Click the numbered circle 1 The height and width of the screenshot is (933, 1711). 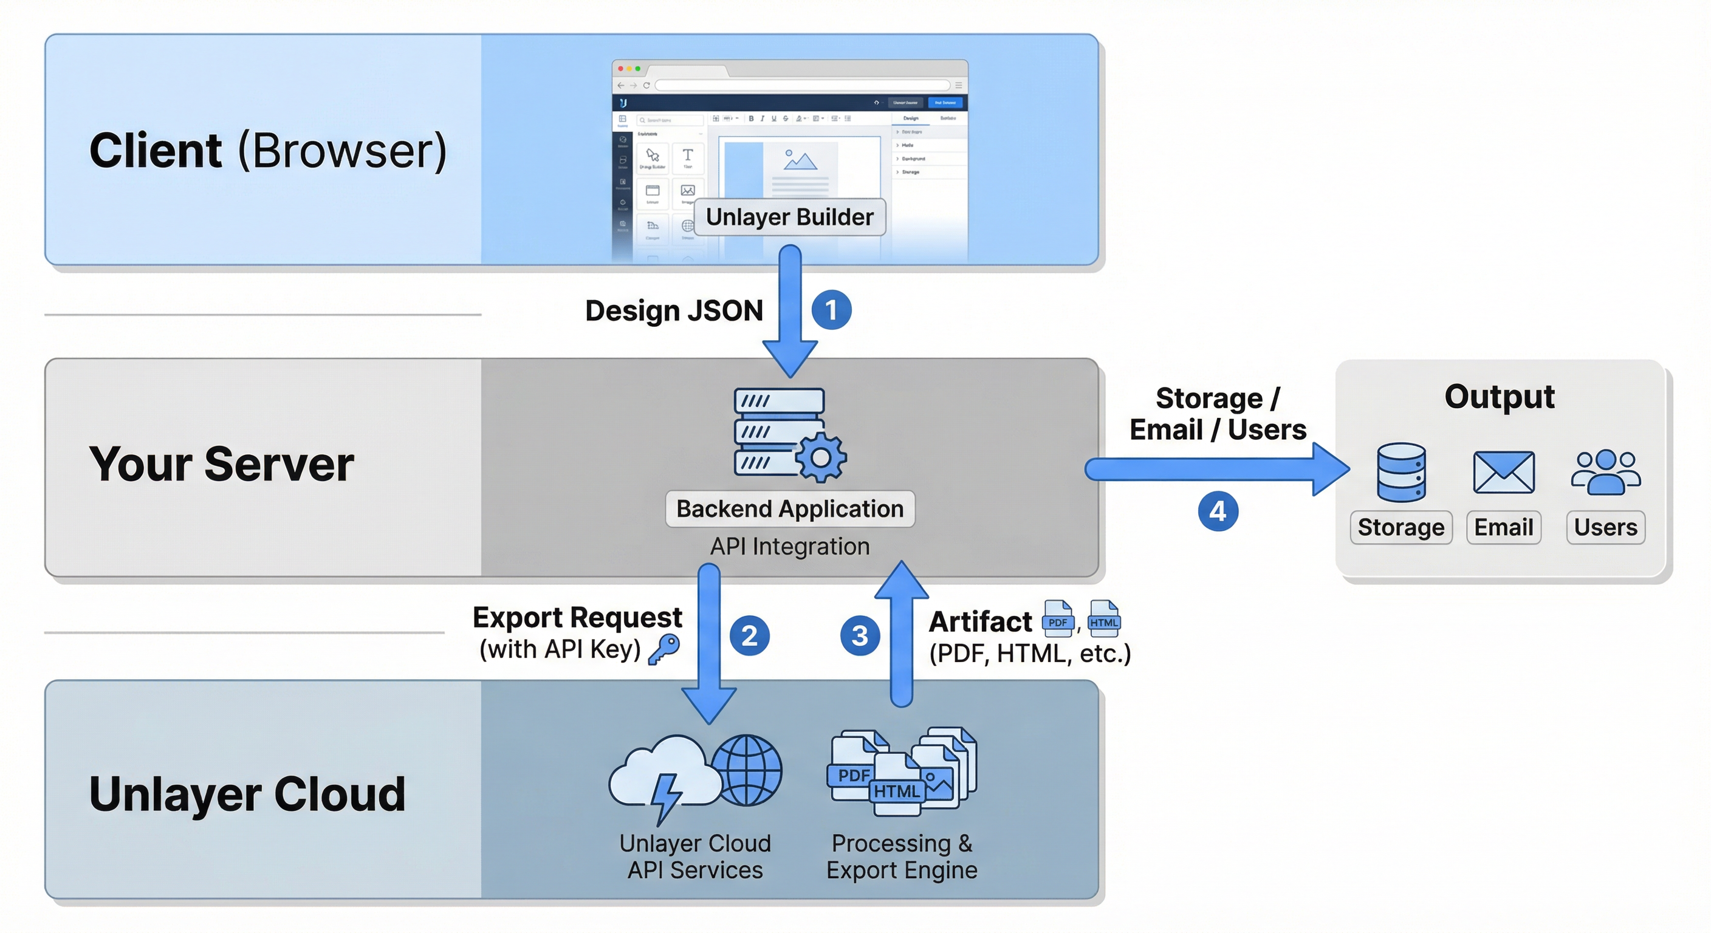pos(831,310)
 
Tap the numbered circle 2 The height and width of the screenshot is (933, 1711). pos(749,635)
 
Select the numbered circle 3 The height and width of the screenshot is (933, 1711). pos(860,635)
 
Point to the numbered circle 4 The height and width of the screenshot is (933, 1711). pos(1218,511)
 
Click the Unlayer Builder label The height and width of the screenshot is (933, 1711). pos(789,217)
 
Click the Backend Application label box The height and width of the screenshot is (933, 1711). pos(790,508)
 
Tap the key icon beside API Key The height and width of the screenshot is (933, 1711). pos(663,649)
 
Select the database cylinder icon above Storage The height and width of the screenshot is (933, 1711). pos(1401,472)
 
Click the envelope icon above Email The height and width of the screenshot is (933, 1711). pos(1503,472)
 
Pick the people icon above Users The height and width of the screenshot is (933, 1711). pos(1605,472)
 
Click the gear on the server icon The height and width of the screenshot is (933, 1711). pos(821,457)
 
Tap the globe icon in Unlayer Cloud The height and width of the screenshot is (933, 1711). pos(747,770)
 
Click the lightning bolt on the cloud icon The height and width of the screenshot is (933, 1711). pos(665,797)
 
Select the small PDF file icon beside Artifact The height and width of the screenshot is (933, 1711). pos(1057,618)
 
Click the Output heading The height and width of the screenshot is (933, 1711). pos(1499,397)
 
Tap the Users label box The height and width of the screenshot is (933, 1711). pos(1605,527)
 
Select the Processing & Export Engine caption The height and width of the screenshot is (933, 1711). pos(901,856)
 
